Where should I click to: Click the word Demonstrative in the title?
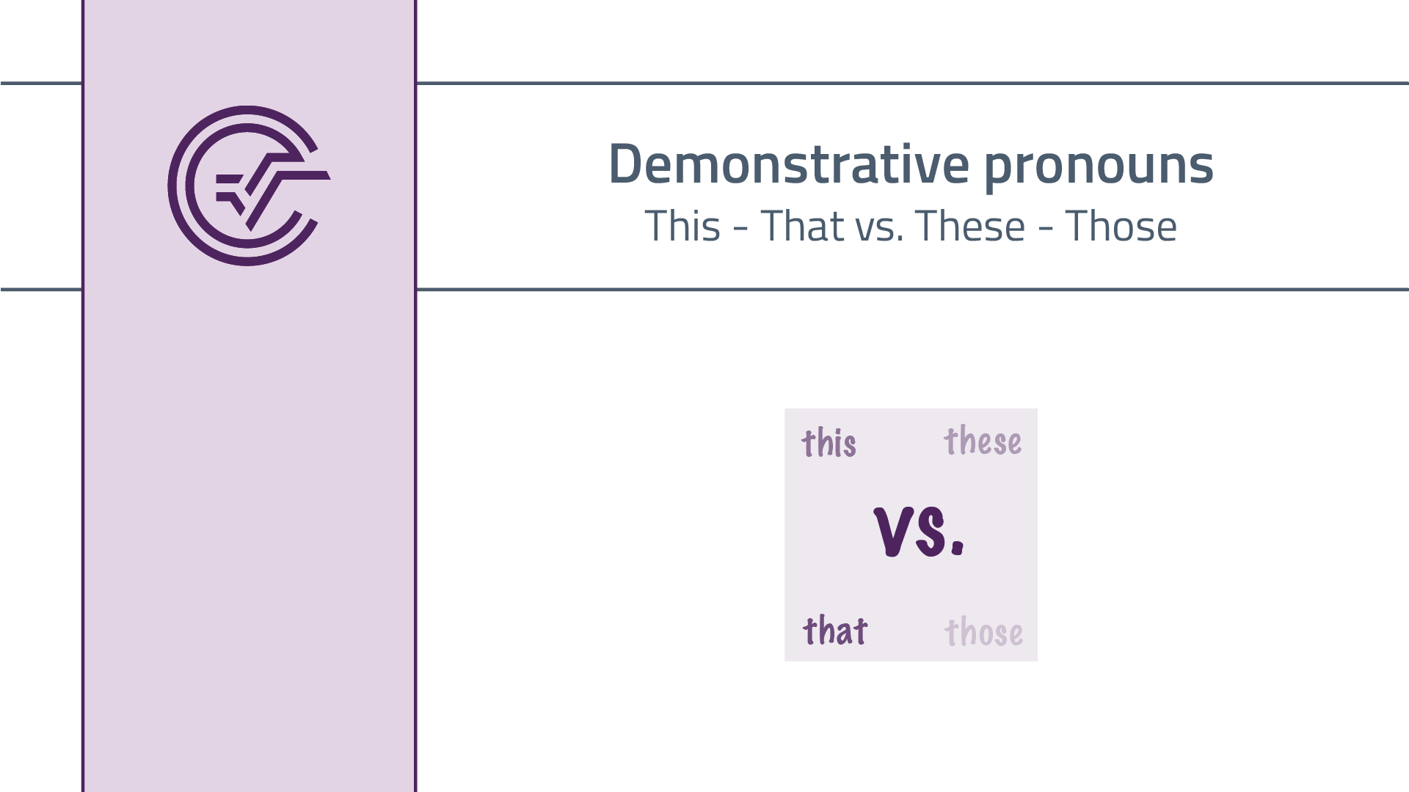coord(789,164)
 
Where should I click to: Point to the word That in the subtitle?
coord(802,226)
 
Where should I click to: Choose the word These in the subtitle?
coord(969,226)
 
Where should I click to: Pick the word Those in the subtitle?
coord(1121,226)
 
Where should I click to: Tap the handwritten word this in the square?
coord(829,443)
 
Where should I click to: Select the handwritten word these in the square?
coord(983,441)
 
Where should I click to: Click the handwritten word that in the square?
coord(835,631)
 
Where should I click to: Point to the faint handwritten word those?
coord(983,632)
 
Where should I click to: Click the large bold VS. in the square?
coord(918,532)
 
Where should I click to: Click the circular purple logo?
coord(248,186)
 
